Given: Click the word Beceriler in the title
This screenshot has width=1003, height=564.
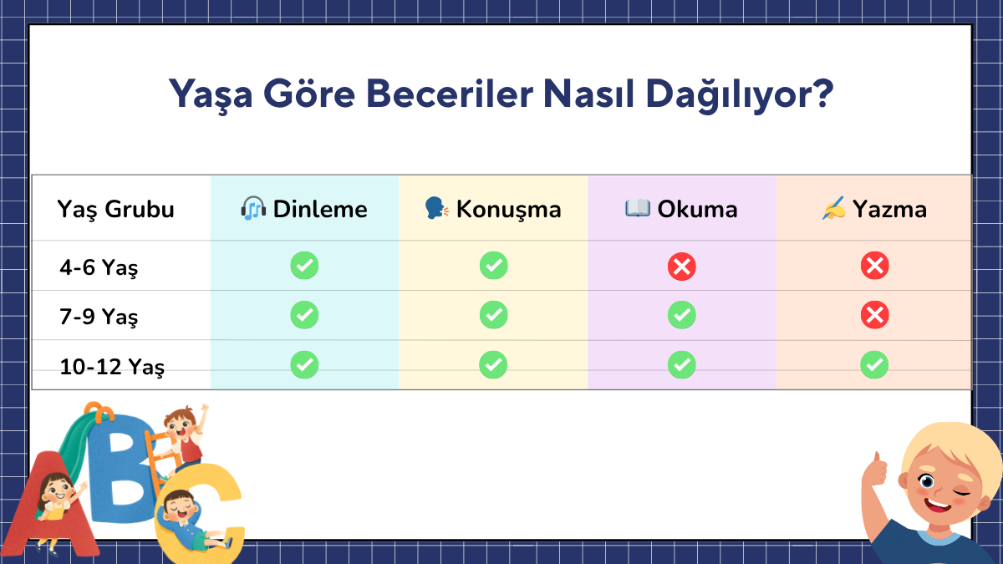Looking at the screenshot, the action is pos(449,94).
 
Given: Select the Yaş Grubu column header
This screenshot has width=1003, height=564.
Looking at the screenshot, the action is pos(115,210).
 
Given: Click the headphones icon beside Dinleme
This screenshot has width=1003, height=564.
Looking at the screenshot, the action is pos(253,208).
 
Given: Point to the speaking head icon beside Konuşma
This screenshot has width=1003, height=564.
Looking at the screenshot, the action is pos(436,208).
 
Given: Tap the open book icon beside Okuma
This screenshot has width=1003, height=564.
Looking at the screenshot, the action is pos(638,208).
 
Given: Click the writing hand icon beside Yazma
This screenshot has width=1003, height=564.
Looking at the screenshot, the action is pos(834,208).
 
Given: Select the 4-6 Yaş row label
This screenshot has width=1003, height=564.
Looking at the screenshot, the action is pos(99,267).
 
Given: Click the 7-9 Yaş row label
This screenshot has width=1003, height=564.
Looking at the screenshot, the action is pos(99,317).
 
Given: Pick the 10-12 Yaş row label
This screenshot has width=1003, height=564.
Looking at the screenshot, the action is pos(112,367).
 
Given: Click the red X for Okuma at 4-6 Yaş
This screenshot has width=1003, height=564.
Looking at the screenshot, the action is pos(681,267).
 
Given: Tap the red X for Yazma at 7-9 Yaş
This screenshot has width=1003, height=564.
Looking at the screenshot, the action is pos(874,315).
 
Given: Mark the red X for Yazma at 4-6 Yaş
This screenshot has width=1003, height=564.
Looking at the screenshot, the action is pos(874,266).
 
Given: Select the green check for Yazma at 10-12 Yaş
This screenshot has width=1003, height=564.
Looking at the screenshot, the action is pos(874,365).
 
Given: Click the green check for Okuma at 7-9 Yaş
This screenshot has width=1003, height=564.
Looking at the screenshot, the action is pos(681,315).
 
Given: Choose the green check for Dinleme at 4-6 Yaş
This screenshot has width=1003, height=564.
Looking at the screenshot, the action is pos(304,266).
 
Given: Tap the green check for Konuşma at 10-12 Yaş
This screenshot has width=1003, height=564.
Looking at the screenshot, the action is pos(493,365).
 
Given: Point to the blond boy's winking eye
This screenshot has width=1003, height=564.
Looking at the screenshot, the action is pos(960,493).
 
